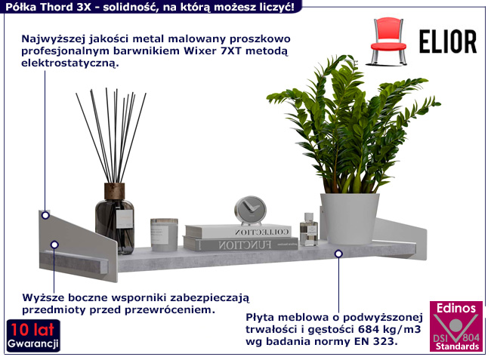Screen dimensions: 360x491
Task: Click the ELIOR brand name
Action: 446,41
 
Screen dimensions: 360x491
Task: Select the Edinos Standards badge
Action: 455,326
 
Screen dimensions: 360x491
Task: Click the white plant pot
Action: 348,218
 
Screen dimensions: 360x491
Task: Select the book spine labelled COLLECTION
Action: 241,231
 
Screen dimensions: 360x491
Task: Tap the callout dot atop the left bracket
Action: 45,215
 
